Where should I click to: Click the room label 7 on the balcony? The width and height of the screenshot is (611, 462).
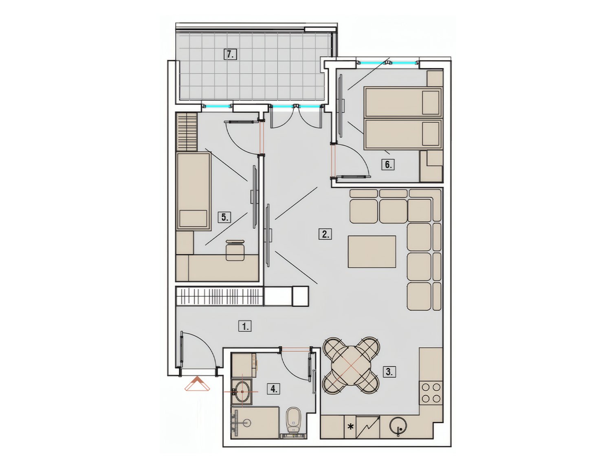pos(230,55)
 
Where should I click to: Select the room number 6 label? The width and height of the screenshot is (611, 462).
pos(388,165)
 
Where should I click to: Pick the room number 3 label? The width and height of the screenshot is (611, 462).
pos(389,372)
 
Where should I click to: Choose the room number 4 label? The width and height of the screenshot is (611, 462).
pos(274,389)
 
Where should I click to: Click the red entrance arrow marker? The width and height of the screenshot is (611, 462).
pos(197,384)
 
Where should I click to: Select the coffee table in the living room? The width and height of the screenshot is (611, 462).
pos(372,252)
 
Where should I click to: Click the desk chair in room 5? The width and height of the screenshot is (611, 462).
pos(235,250)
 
